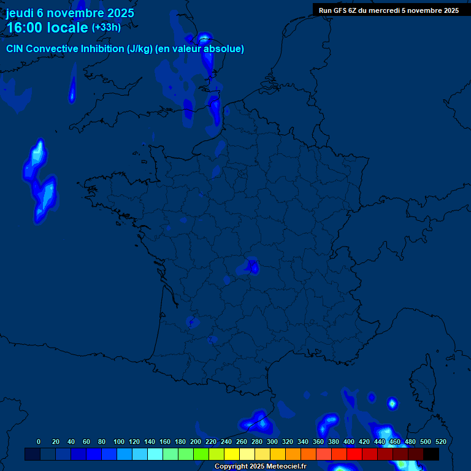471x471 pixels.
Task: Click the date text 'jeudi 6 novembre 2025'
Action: click(x=70, y=13)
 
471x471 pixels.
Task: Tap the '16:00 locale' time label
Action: click(x=47, y=28)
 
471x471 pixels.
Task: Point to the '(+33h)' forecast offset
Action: click(x=106, y=28)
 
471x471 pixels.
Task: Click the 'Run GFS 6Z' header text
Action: click(x=340, y=10)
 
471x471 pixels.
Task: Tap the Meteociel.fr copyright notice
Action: click(x=260, y=467)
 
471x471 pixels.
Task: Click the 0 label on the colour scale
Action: click(x=39, y=442)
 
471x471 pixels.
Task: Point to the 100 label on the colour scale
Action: click(x=119, y=442)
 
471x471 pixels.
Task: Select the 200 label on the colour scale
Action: click(x=196, y=442)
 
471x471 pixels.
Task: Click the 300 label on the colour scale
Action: click(x=272, y=442)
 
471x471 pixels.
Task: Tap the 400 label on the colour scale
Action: click(x=349, y=442)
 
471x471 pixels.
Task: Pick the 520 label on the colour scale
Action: click(x=440, y=442)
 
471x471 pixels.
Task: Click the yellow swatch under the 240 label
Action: click(x=231, y=454)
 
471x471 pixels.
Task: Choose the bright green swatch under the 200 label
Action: click(x=201, y=454)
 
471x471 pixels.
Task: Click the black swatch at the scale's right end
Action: click(x=431, y=454)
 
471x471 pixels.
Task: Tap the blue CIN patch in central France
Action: click(x=251, y=266)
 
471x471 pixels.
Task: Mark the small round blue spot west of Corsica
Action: click(x=392, y=403)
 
